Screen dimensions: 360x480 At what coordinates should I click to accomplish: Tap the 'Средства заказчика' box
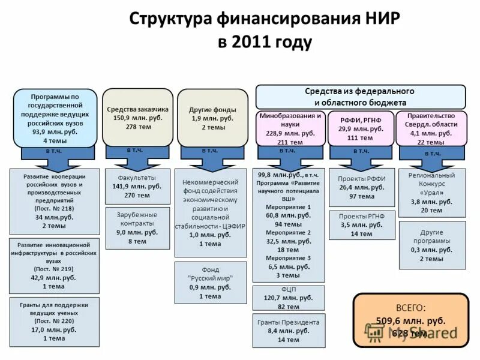click(137, 117)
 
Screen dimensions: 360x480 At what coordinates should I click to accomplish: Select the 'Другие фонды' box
click(212, 118)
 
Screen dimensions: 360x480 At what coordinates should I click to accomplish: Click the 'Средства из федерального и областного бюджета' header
click(360, 97)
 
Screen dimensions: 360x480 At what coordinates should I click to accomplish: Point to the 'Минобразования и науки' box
click(290, 128)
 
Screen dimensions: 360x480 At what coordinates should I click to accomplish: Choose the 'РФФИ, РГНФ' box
click(360, 128)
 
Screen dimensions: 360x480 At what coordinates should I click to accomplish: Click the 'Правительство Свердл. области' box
click(431, 128)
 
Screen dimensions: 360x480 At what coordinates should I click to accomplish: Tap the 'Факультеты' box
click(137, 186)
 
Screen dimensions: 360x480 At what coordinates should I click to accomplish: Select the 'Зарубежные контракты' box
click(137, 227)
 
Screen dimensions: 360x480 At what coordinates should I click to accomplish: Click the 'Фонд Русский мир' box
click(210, 283)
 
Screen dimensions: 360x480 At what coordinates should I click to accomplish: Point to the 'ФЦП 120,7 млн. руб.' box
click(289, 298)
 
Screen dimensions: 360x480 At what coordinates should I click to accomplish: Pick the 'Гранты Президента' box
click(289, 330)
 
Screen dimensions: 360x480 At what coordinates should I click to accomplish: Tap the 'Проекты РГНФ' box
click(362, 224)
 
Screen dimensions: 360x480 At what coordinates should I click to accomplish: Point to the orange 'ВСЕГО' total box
click(410, 320)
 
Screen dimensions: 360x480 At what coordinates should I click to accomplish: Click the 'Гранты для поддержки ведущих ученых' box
click(54, 321)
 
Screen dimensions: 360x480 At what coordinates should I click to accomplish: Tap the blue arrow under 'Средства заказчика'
click(137, 157)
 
